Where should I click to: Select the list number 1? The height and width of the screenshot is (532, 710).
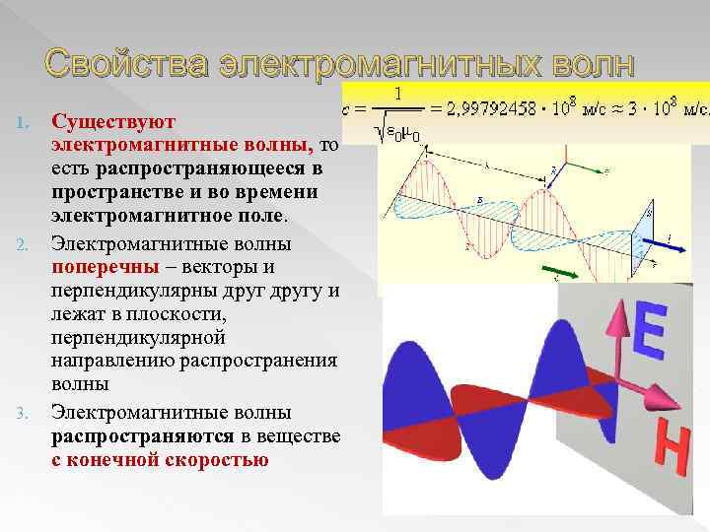point(27,122)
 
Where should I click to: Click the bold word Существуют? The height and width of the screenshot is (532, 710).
point(113,122)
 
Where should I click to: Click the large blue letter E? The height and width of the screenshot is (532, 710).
point(647,330)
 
